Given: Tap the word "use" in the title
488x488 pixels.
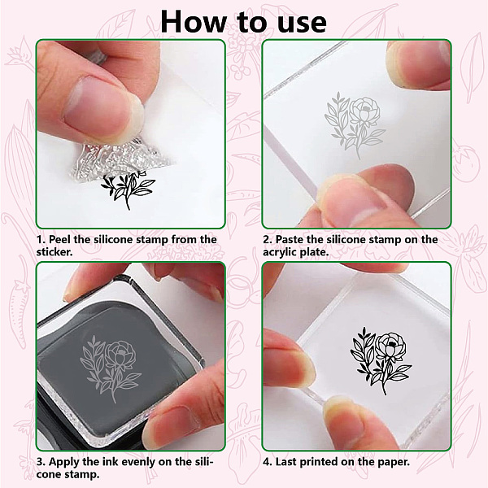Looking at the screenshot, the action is [302, 24].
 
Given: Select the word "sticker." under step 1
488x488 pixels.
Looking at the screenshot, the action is [54, 252].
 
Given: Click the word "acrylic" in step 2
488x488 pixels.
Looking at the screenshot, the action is [280, 252].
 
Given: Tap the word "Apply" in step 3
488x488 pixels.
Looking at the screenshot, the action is [63, 462].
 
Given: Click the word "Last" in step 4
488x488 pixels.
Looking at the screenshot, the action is [286, 461].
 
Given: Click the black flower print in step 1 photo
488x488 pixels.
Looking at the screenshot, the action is [128, 190].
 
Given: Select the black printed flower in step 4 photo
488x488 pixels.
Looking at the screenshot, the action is [381, 360].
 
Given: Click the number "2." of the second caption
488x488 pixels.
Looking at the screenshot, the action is [268, 240].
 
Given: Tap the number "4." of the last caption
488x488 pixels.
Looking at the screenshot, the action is [268, 462].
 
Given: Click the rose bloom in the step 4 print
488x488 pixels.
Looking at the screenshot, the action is [391, 346].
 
